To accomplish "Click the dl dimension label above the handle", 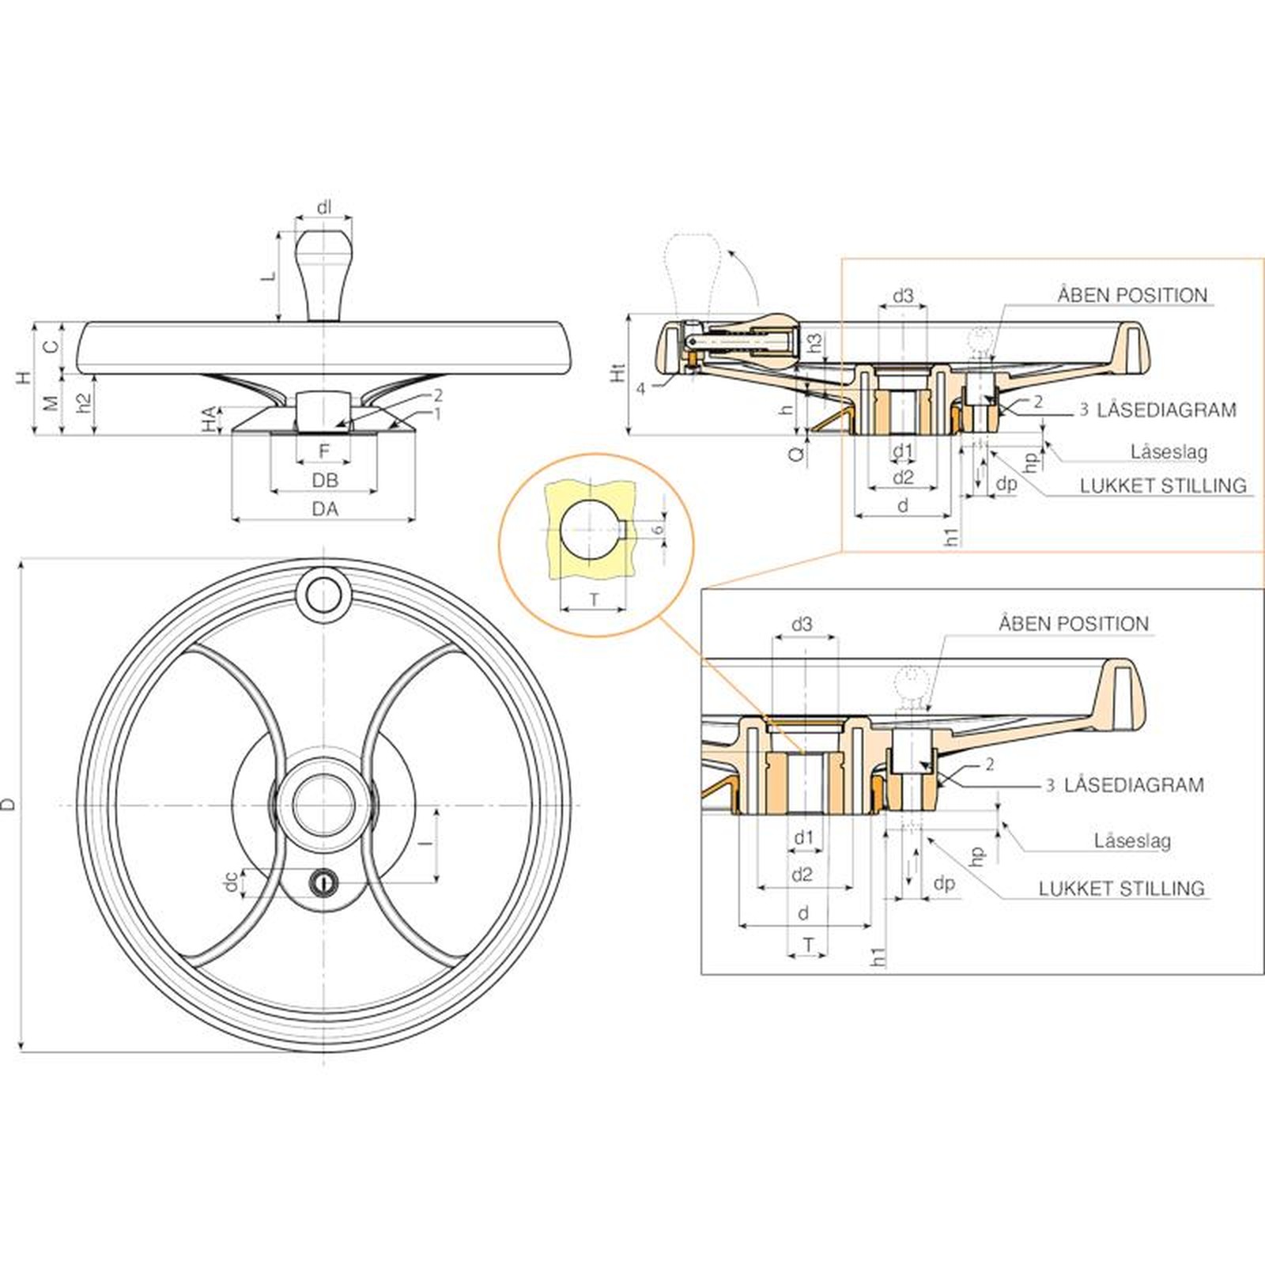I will pyautogui.click(x=324, y=208).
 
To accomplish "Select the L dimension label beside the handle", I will pyautogui.click(x=270, y=276).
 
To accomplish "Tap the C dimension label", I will pyautogui.click(x=50, y=346).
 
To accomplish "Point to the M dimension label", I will pyautogui.click(x=50, y=403).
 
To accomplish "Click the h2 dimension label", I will pyautogui.click(x=83, y=403).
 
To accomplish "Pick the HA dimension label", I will pyautogui.click(x=208, y=420).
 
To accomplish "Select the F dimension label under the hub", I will pyautogui.click(x=324, y=451).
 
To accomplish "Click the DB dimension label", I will pyautogui.click(x=324, y=480).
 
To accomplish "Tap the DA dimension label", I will pyautogui.click(x=324, y=509).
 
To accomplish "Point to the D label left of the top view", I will pyautogui.click(x=9, y=805).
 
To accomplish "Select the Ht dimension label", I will pyautogui.click(x=618, y=372).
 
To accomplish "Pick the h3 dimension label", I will pyautogui.click(x=814, y=342).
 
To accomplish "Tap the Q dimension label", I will pyautogui.click(x=798, y=452).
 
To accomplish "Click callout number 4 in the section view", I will pyautogui.click(x=641, y=389).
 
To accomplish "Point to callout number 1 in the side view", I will pyautogui.click(x=436, y=413).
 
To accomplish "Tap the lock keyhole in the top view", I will pyautogui.click(x=323, y=880).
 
